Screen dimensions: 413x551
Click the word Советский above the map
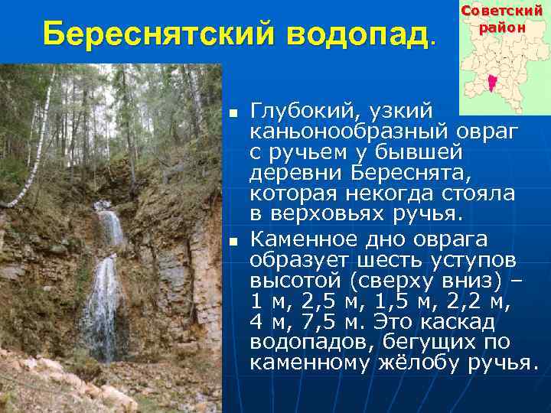(503, 12)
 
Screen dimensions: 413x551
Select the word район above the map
(503, 28)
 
